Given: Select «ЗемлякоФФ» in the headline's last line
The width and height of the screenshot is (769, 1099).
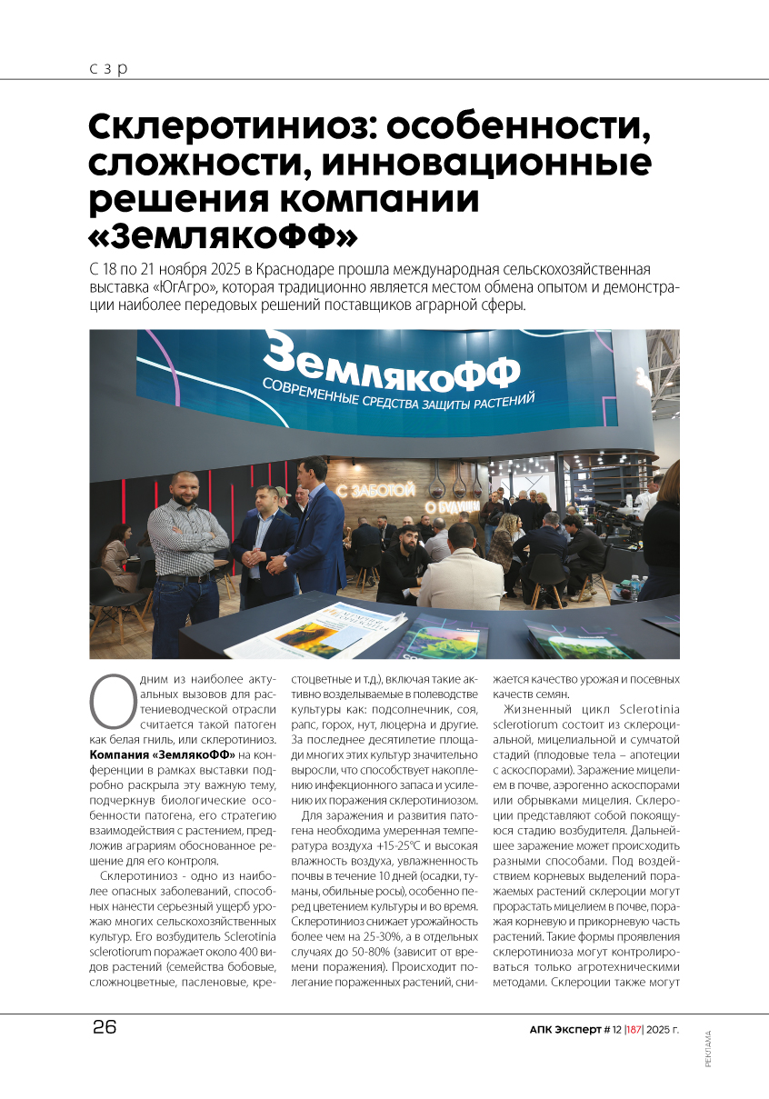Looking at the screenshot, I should tap(223, 235).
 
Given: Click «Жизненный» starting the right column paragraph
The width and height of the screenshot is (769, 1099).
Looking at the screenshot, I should tap(545, 708).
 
